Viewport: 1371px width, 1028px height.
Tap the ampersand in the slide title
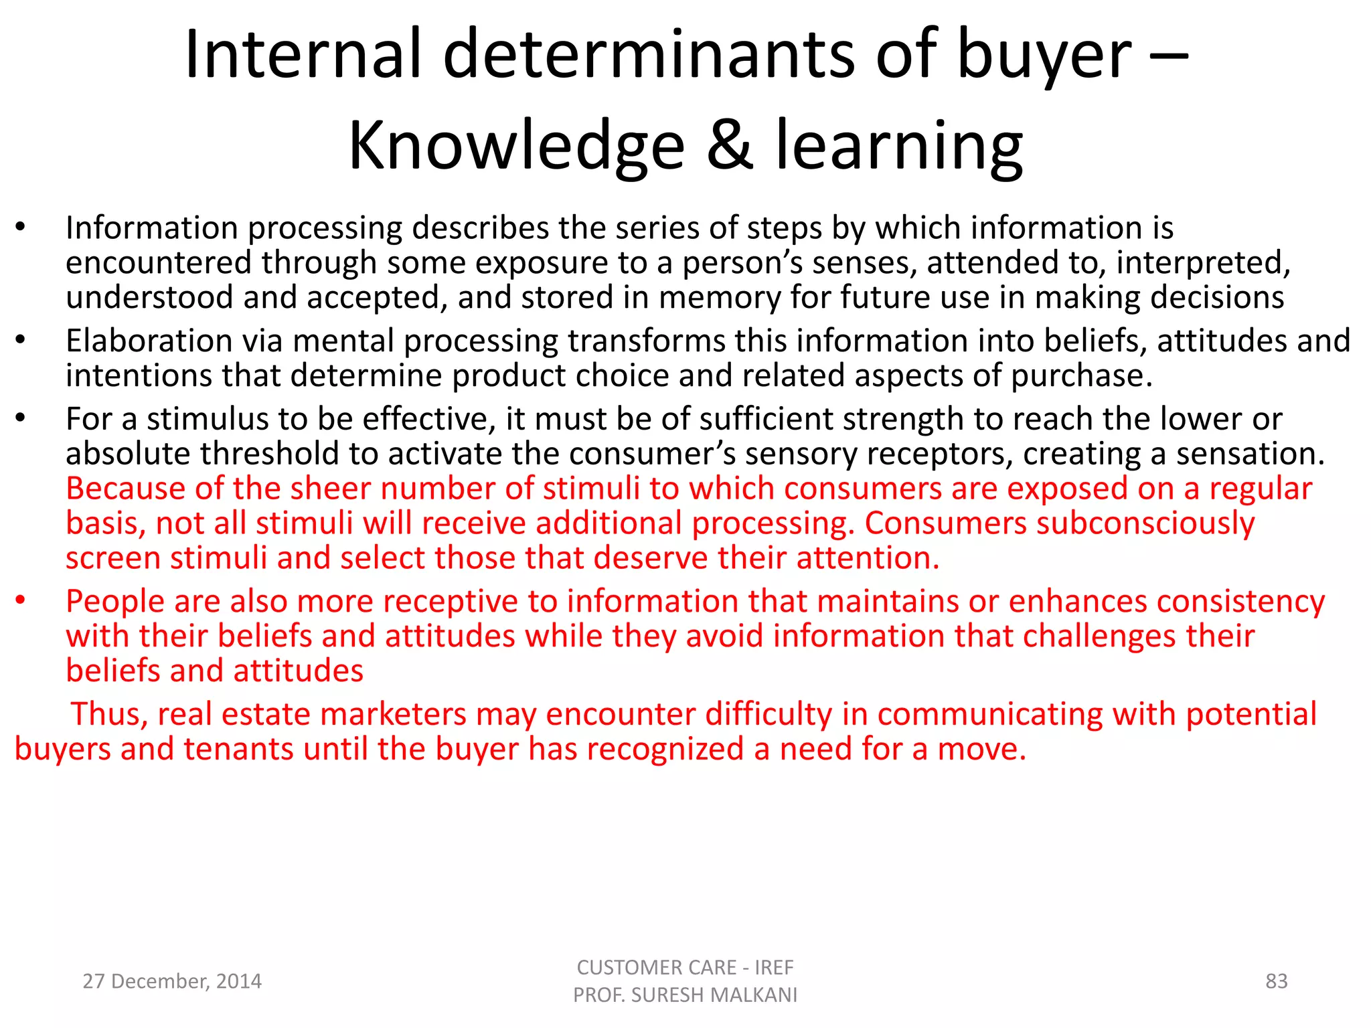click(x=730, y=146)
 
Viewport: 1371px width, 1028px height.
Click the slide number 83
click(x=1276, y=981)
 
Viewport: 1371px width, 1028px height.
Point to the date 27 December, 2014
click(x=172, y=981)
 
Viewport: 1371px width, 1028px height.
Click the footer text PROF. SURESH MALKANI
click(x=685, y=995)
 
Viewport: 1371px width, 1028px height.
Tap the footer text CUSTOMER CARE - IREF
click(x=685, y=967)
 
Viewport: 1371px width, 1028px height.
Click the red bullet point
click(x=21, y=600)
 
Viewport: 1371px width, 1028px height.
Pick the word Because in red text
click(x=125, y=489)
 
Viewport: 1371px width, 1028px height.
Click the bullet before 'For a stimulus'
click(x=21, y=418)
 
